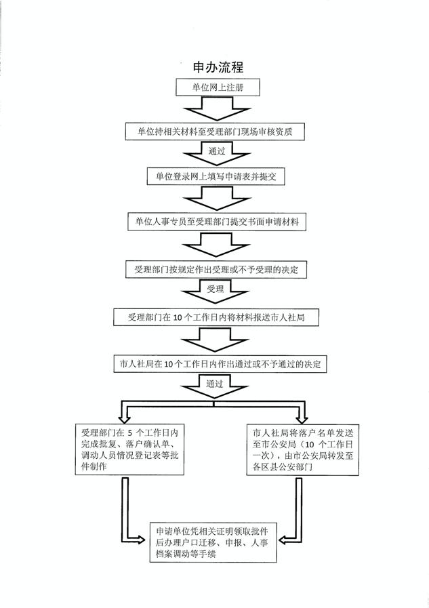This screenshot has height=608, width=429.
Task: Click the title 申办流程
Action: click(x=218, y=67)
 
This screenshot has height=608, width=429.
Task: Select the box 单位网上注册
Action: click(x=218, y=87)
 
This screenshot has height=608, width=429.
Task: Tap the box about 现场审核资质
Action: click(x=215, y=132)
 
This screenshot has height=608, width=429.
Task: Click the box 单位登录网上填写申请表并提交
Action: click(x=216, y=176)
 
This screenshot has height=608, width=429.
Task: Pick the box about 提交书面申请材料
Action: click(x=217, y=222)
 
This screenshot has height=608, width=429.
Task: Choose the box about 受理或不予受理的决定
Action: click(x=216, y=270)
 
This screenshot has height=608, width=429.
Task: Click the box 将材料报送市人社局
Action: click(x=216, y=317)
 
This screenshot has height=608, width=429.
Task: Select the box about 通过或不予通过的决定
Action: click(x=220, y=364)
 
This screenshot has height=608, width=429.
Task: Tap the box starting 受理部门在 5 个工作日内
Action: click(x=129, y=449)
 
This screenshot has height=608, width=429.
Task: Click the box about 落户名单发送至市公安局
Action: click(x=303, y=450)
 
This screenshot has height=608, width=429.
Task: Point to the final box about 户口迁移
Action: click(x=213, y=542)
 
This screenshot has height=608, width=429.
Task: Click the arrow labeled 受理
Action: click(x=215, y=291)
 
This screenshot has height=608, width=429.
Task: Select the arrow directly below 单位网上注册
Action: click(x=217, y=108)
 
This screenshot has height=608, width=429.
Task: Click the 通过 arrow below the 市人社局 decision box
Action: click(x=215, y=386)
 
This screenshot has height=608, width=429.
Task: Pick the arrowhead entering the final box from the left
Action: click(x=140, y=540)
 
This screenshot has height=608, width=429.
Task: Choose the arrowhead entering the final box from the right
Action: click(x=284, y=540)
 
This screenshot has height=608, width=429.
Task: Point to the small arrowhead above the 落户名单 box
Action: click(x=302, y=419)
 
